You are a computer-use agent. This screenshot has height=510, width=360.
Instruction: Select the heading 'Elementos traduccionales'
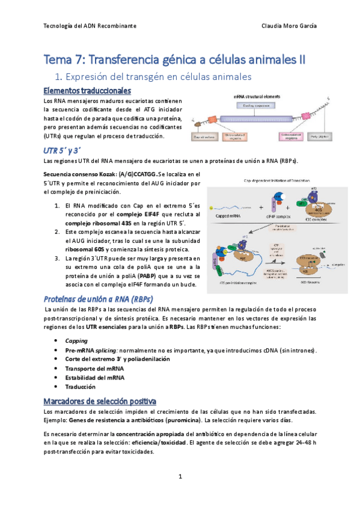(87, 91)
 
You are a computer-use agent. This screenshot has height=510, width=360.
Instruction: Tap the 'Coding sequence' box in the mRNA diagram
(255, 105)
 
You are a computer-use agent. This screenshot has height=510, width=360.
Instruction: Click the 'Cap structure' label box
(204, 137)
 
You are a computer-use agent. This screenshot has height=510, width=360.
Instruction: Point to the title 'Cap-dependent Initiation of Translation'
(273, 180)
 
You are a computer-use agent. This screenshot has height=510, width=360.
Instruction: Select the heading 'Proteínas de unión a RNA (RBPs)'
(99, 299)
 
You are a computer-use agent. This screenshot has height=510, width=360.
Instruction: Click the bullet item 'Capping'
(76, 340)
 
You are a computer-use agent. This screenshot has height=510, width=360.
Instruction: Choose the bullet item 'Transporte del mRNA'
(96, 369)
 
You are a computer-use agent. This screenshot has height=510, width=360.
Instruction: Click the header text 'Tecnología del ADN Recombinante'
(90, 27)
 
